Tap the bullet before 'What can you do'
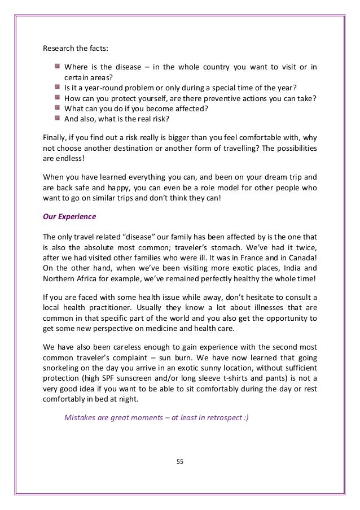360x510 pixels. pos(58,107)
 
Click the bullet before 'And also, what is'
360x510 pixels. pos(58,118)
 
